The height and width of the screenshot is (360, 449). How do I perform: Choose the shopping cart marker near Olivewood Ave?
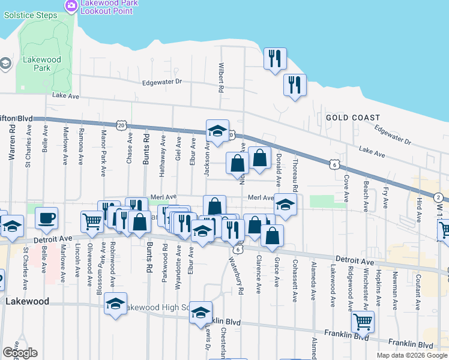(92, 221)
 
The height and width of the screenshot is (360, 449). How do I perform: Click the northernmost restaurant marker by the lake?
(275, 59)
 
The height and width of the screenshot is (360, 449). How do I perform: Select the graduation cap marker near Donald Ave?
(286, 203)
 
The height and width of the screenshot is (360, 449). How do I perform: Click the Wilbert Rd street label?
(221, 78)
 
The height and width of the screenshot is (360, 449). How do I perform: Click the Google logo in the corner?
(20, 353)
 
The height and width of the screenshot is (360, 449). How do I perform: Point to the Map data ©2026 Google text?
(412, 355)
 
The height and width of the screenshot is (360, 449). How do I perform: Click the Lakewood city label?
(26, 302)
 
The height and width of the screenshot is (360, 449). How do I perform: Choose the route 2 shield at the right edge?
(439, 197)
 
